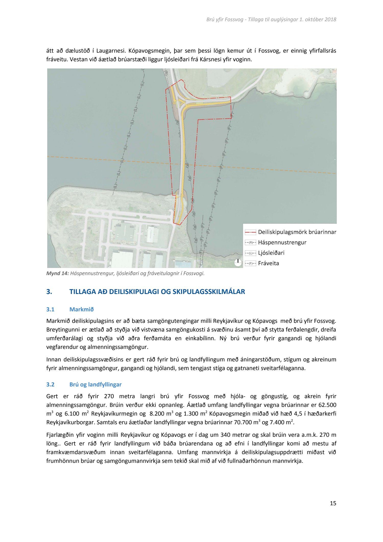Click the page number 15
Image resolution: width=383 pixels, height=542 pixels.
coord(333,503)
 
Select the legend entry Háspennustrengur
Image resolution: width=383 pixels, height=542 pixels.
coord(282,242)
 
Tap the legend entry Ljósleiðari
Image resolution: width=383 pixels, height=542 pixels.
coord(271,253)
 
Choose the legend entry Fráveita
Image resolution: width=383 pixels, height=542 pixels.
coord(268,263)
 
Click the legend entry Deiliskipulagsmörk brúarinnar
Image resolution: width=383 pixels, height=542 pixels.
coord(297,232)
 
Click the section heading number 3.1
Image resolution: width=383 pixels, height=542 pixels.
coord(50,309)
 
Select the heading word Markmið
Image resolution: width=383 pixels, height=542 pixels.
coord(81,309)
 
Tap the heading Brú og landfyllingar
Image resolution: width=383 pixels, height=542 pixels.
coord(95,384)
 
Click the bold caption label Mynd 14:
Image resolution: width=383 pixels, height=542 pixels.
coord(57,274)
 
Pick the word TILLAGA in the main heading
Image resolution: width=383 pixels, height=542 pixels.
coord(82,292)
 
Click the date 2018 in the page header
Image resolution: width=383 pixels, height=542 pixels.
coord(330,19)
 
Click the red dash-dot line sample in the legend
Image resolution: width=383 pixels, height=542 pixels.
coord(250,232)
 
